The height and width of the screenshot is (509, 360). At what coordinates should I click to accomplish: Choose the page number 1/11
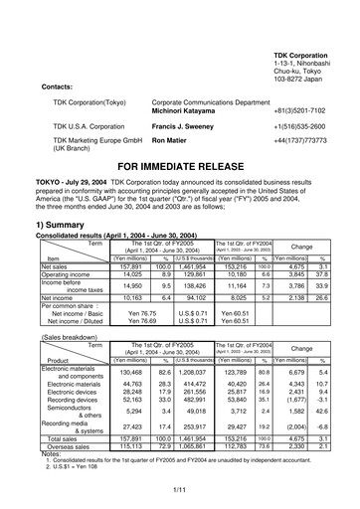point(179,488)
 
